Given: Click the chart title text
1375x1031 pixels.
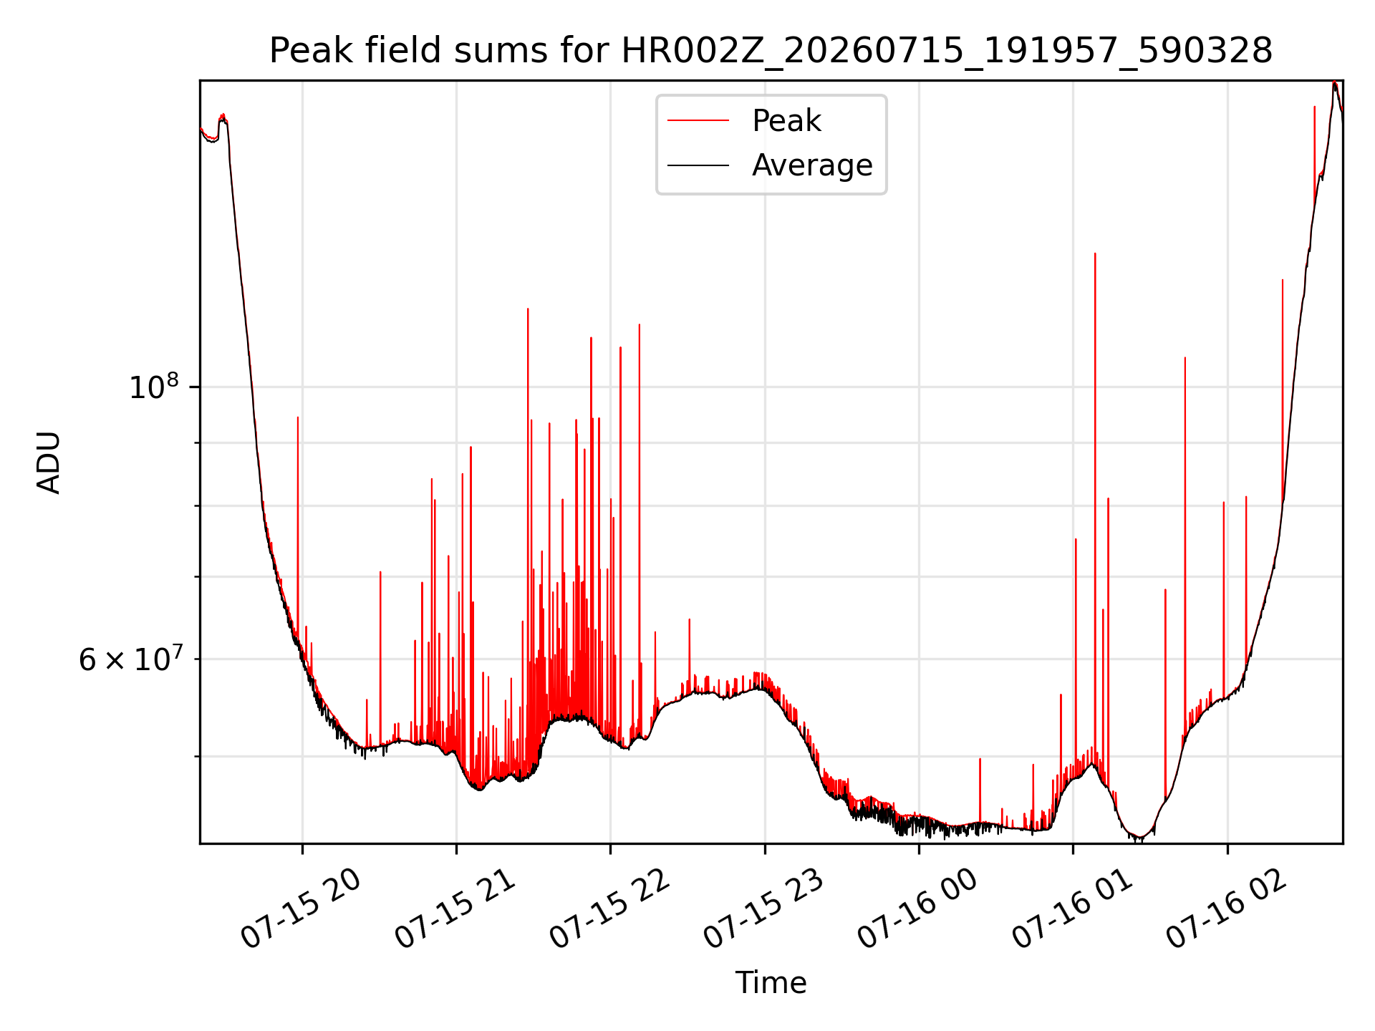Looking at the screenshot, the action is click(771, 51).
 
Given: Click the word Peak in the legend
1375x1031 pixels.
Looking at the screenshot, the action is click(786, 121).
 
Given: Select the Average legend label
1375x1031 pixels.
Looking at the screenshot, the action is click(812, 165).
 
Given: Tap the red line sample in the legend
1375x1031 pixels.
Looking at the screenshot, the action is click(698, 121).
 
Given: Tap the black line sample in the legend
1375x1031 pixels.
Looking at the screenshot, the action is click(698, 165).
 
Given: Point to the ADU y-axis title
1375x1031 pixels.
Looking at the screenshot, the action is click(49, 463).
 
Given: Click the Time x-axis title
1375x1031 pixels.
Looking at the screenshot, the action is click(771, 983).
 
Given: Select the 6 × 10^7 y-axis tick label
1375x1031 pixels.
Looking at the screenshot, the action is click(130, 658).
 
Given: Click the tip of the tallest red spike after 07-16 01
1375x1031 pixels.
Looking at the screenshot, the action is click(1095, 253).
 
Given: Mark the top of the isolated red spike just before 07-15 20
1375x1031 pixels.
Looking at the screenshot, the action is click(298, 417).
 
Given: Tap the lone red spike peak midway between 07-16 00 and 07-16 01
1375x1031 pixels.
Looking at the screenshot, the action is click(980, 759).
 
